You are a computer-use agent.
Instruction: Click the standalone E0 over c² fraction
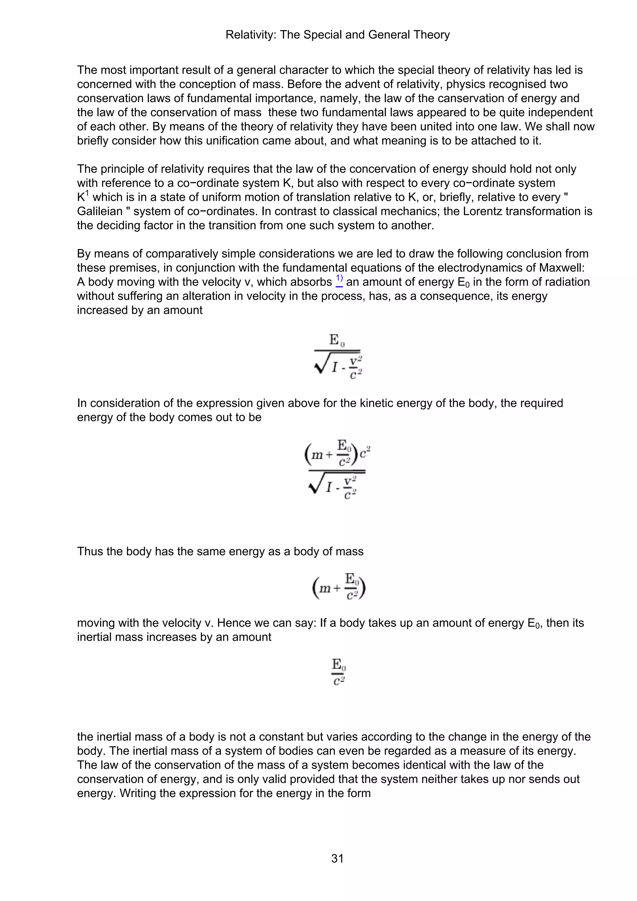339,672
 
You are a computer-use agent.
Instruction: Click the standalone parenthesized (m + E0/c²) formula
339,587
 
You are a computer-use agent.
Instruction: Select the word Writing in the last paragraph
140,793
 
